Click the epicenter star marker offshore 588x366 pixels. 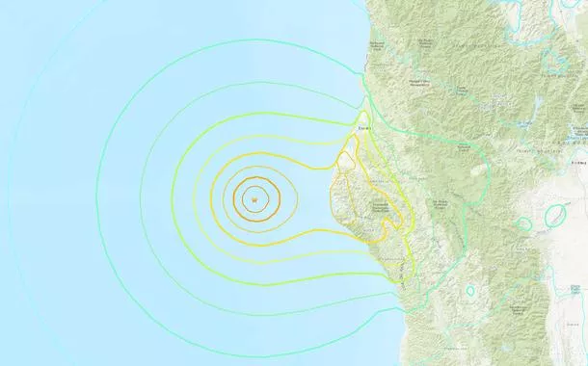pyautogui.click(x=253, y=200)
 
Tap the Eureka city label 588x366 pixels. pyautogui.click(x=364, y=123)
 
